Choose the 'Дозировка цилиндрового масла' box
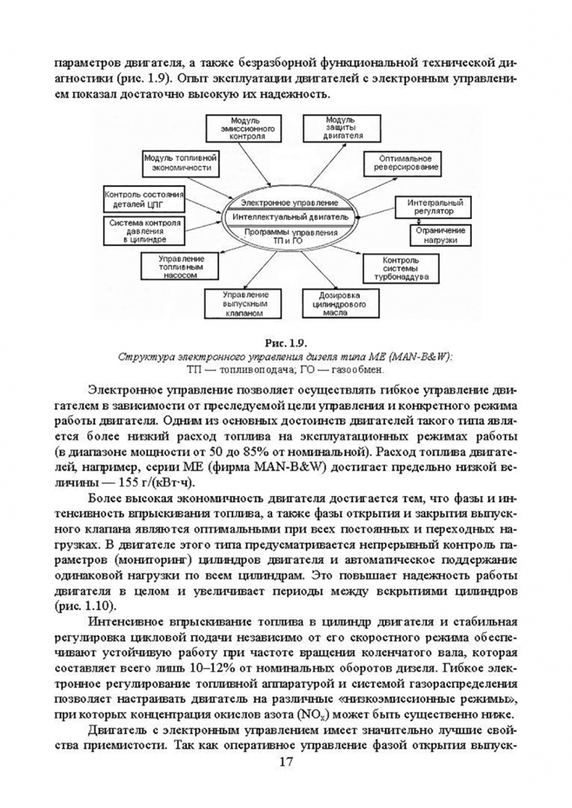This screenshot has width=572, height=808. [x=333, y=304]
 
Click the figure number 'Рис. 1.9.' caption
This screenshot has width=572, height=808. [x=286, y=343]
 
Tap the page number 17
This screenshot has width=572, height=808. [x=285, y=762]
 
